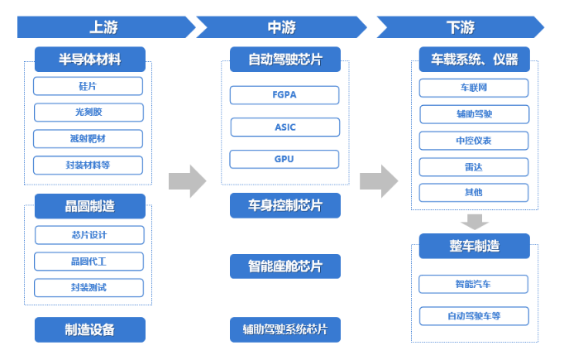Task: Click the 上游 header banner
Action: coord(104,27)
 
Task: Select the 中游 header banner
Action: coord(282,27)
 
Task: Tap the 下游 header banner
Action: coord(461,27)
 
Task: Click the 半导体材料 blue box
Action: coord(90,60)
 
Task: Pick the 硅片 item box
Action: coord(88,86)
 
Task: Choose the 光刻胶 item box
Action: coord(88,113)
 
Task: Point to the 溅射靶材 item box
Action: coord(88,138)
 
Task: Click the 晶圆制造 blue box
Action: coord(90,206)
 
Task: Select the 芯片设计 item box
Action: coord(89,235)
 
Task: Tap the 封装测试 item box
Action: coord(88,288)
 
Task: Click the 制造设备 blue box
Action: coord(90,329)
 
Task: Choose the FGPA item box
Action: coord(284,95)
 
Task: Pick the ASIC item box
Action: coord(285,127)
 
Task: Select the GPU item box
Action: coord(284,159)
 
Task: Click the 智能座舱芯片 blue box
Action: coord(285,266)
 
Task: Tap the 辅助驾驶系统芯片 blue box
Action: coord(285,329)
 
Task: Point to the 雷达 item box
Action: coord(474,167)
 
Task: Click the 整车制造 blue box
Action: coord(475,247)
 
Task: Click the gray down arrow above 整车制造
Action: coord(475,222)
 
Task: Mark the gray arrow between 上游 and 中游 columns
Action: coord(188,181)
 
